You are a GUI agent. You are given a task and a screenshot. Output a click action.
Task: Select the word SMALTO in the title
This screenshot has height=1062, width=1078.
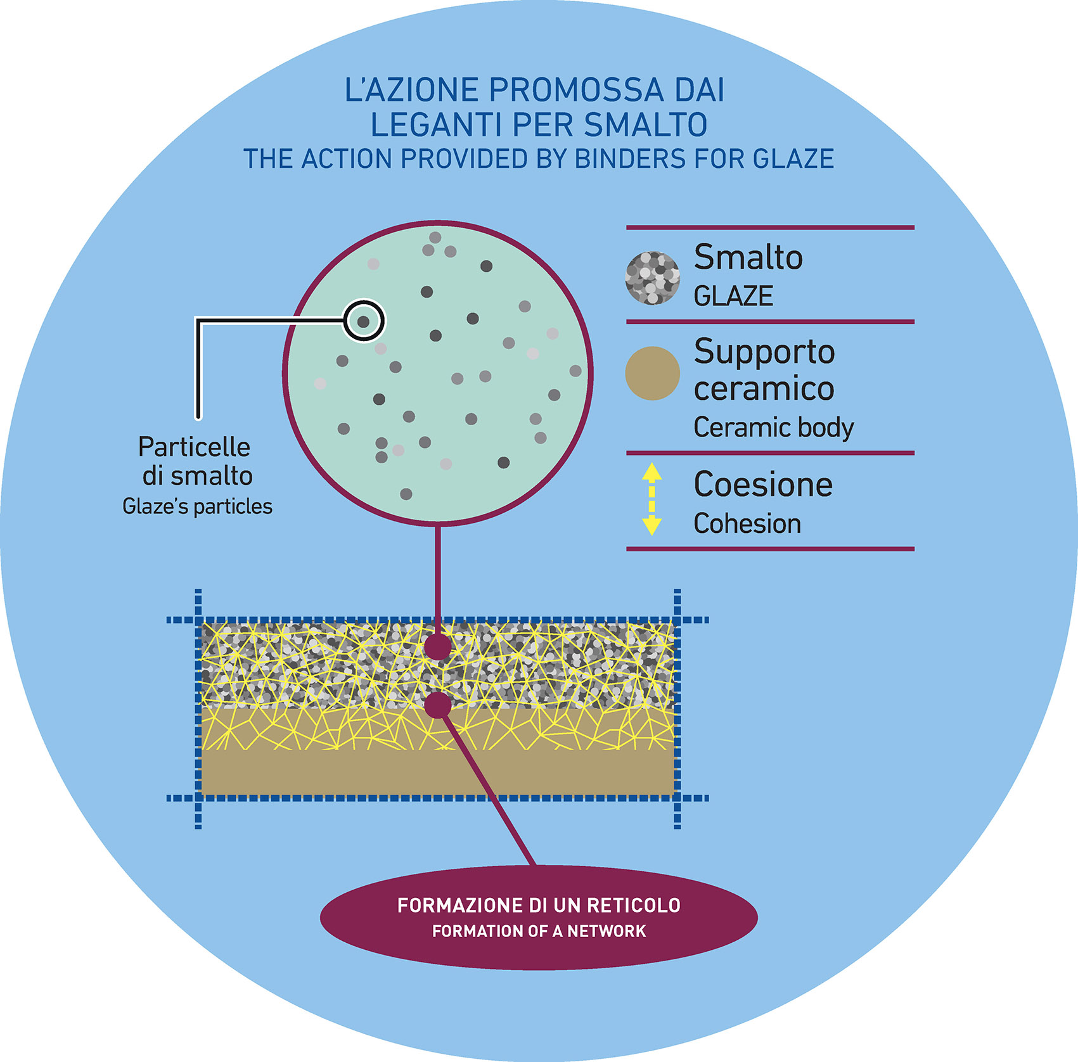[x=645, y=125]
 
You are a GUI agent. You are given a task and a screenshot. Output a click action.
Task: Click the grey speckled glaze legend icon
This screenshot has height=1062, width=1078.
[x=652, y=278]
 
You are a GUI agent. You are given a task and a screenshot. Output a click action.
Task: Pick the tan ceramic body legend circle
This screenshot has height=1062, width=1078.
[x=652, y=373]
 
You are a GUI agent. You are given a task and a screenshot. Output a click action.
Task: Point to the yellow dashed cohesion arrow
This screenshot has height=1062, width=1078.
[x=652, y=500]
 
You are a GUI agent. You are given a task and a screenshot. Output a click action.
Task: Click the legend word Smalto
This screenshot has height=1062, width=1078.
[x=748, y=257]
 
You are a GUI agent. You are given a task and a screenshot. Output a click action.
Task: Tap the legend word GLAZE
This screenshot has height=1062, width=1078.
[x=733, y=297]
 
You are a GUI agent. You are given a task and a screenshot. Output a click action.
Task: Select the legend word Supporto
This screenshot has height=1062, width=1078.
[x=764, y=352]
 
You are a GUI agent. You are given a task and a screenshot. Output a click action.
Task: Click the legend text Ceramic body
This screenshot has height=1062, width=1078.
[x=773, y=428]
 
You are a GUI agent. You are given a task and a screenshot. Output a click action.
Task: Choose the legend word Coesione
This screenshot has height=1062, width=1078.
[x=763, y=485]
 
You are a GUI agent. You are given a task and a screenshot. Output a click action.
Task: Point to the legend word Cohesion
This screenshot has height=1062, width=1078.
[x=747, y=524]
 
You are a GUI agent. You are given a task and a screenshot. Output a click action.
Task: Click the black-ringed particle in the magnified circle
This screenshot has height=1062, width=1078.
[x=364, y=321]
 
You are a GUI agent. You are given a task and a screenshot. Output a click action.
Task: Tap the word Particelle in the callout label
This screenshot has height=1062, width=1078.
[x=194, y=447]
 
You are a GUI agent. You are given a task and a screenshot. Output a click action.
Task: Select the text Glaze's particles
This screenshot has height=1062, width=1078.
[x=197, y=507]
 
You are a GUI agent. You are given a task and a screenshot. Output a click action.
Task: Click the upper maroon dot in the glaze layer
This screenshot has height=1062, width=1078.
[x=437, y=648]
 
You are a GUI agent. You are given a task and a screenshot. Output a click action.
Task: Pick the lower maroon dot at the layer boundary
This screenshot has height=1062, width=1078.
[x=437, y=705]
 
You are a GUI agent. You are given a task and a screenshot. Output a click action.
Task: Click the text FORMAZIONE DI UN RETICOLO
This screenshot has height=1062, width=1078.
[x=539, y=905]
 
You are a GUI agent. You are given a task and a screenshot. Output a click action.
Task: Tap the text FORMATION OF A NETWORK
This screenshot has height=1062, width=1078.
[x=539, y=931]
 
